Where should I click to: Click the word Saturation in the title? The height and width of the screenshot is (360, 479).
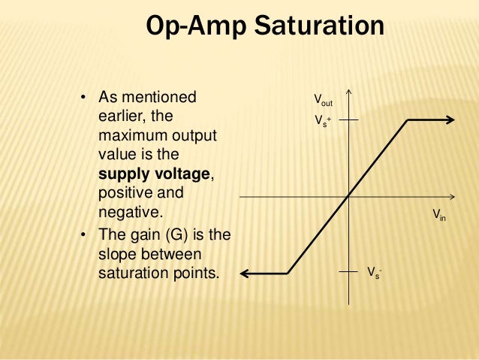pos(320,27)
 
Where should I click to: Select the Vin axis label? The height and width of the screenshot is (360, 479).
pos(439,215)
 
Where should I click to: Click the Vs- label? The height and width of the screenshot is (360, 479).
pos(373,272)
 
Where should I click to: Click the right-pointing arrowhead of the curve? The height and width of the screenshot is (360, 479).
pos(449,119)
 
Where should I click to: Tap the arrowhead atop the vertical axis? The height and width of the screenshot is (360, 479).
pos(349,95)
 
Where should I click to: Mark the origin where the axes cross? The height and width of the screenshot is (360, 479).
pos(349,196)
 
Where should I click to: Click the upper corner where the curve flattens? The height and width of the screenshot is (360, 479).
pos(408,119)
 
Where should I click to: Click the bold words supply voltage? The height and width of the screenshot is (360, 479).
pos(155,174)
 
